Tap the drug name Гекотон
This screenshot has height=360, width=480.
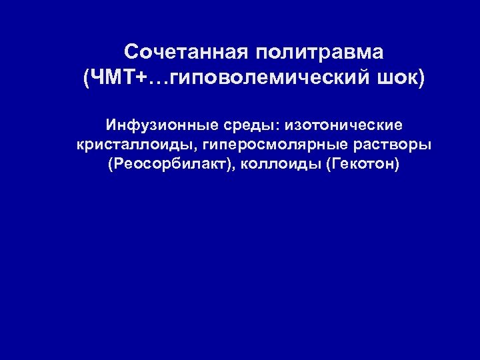coord(363,165)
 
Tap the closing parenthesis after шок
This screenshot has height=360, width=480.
coord(419,79)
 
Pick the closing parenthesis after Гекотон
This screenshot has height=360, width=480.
coord(397,165)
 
